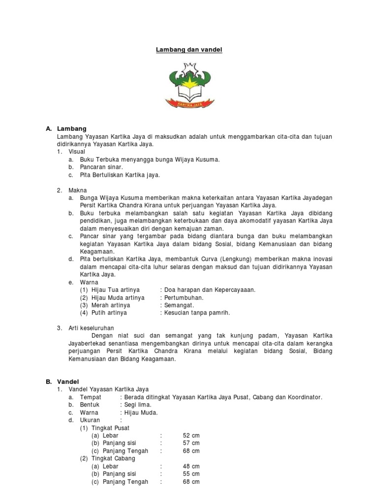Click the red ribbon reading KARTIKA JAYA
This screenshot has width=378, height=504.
pos(189,103)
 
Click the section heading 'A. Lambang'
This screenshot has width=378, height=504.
pos(66,129)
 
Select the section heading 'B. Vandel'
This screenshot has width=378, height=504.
pos(66,381)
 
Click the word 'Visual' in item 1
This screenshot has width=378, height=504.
pos(77,152)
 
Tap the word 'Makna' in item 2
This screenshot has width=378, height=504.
pos(78,190)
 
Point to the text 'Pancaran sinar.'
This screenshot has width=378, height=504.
pos(102,167)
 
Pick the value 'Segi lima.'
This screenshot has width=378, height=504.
pos(138,405)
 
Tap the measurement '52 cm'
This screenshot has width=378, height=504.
pos(191,436)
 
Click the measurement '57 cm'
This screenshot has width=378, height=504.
pos(191,443)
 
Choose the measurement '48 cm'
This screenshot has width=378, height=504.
pos(191,466)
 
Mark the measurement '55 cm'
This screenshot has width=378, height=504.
pos(191,474)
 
